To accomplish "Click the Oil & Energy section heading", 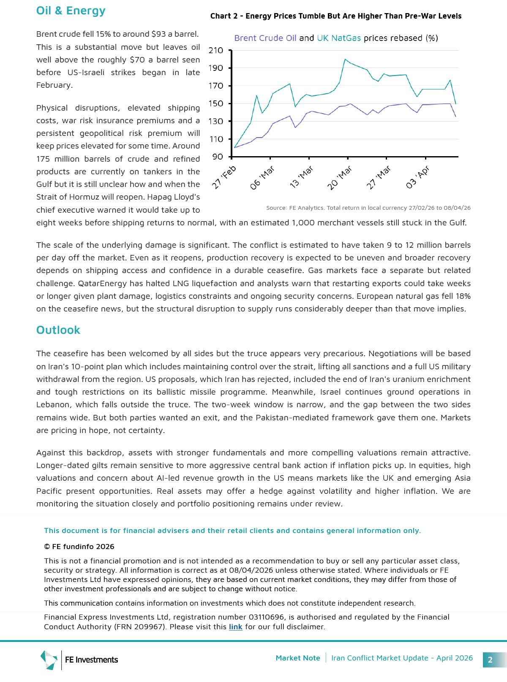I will tap(71, 11).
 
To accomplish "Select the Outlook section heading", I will tap(58, 330).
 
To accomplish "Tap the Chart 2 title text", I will tap(335, 16).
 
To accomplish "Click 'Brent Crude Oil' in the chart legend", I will tap(265, 38).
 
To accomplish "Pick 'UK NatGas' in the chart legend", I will tap(339, 38).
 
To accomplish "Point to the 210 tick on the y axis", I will tap(216, 50).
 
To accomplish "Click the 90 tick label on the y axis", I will tap(218, 157).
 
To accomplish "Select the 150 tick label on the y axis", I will tap(216, 103).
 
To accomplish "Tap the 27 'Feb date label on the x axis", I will tap(224, 177).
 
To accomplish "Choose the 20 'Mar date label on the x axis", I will tap(340, 178).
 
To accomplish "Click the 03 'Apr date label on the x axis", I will tap(417, 177).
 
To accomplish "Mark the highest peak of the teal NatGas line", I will tap(345, 59).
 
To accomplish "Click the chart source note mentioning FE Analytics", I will tap(368, 208).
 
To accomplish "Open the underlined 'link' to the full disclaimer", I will tap(235, 627).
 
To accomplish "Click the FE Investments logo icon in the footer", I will tap(49, 660).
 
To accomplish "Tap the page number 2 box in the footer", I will tap(490, 660).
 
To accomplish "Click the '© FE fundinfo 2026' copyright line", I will tap(79, 547).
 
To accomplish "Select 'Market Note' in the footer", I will tap(297, 658).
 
